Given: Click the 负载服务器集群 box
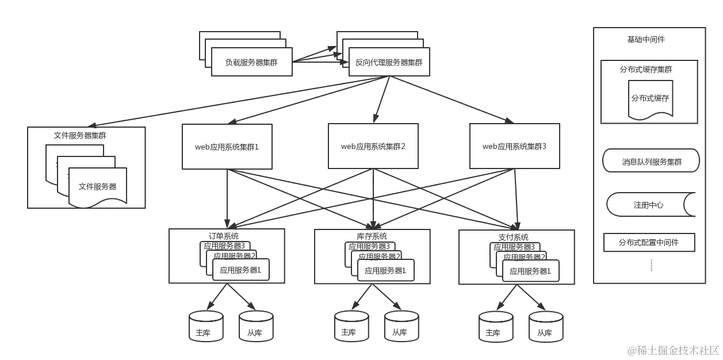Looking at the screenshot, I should (x=252, y=62).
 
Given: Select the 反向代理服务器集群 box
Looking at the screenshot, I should (x=389, y=62).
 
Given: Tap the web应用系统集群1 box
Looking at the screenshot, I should (x=227, y=146).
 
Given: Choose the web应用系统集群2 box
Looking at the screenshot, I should (x=373, y=146).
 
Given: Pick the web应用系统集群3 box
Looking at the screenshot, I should (x=514, y=146).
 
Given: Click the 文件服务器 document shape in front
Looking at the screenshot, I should (x=97, y=187).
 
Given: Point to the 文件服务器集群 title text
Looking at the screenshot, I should (x=80, y=136).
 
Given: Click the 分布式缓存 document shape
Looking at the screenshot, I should (x=650, y=99).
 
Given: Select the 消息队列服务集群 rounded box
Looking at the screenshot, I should (x=651, y=162).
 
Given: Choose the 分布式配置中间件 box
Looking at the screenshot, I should (x=649, y=243).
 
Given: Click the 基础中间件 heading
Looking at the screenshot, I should (x=646, y=40).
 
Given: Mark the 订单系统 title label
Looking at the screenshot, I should (x=223, y=236).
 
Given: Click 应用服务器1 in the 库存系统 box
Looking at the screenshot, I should (x=385, y=270).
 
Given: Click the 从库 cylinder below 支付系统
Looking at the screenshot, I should (x=545, y=327).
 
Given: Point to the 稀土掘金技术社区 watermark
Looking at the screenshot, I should (x=673, y=349).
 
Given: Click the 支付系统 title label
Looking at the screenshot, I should (x=513, y=237).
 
